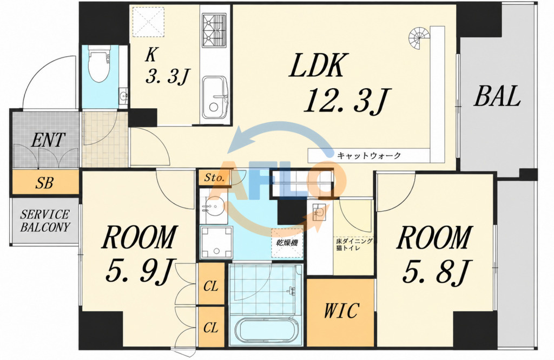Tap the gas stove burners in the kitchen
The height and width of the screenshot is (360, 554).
click(214, 30)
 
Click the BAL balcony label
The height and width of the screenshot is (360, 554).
click(497, 96)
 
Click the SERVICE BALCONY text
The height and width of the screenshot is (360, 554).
click(45, 221)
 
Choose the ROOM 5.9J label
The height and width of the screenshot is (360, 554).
click(139, 254)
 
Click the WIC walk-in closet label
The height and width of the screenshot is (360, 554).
click(341, 311)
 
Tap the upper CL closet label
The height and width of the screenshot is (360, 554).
click(211, 286)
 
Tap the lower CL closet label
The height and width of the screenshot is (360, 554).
click(211, 328)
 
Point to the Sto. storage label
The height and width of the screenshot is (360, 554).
click(214, 178)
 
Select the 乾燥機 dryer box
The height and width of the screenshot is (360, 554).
click(287, 243)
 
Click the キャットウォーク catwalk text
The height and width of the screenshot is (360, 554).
click(369, 155)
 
